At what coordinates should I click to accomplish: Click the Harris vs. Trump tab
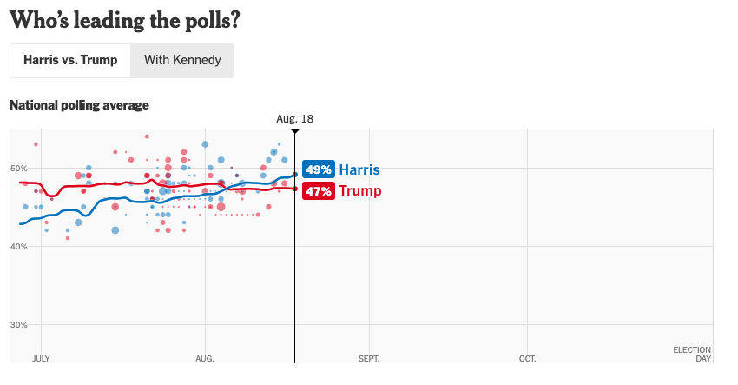coord(70,61)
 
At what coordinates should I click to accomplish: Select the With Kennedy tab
coord(182,61)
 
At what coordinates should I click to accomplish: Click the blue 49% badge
coord(319,169)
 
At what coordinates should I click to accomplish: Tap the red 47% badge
coord(319,191)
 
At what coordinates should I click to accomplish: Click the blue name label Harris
coord(359,169)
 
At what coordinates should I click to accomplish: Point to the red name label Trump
coord(360,191)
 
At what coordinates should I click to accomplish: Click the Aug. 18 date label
coord(294,118)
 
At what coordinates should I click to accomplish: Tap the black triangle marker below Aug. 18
coord(295,131)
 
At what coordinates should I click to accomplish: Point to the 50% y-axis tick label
coord(18,169)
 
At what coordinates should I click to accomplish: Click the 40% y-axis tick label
coord(18,247)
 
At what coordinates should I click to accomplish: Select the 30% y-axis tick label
coord(18,325)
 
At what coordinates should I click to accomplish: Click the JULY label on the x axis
coord(41,358)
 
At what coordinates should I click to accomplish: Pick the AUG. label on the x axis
coord(205,358)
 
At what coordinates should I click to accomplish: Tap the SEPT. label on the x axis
coord(369,358)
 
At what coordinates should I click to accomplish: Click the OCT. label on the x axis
coord(527,358)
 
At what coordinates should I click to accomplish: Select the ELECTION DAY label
coord(692,354)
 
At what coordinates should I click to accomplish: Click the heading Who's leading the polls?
coord(124,19)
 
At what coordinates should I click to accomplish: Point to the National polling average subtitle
coord(79,105)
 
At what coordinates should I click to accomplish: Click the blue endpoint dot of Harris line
coord(295,175)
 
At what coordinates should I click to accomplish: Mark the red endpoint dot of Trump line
coord(295,189)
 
